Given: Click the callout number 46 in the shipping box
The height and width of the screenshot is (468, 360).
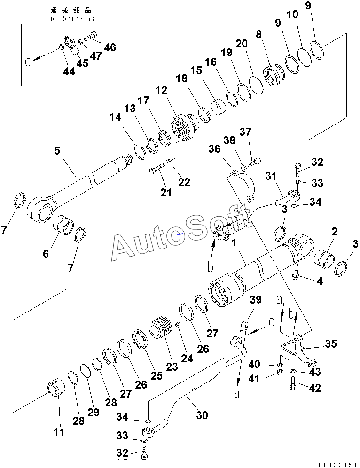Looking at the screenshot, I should (x=110, y=47).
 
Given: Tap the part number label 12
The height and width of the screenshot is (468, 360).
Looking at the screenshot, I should (x=161, y=90).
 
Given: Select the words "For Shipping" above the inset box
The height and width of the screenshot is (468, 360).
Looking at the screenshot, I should (x=70, y=18).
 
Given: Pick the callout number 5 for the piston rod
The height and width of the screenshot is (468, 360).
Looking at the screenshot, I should (x=57, y=151).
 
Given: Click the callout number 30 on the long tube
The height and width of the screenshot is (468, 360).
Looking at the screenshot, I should (x=202, y=415).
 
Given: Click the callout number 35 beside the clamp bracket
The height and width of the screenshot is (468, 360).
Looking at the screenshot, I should (x=331, y=344).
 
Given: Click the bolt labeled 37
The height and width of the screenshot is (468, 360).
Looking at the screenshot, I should (x=254, y=163).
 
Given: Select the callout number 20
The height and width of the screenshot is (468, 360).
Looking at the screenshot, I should (x=242, y=44).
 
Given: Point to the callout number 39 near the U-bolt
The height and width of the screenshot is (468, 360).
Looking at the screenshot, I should (x=255, y=299).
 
